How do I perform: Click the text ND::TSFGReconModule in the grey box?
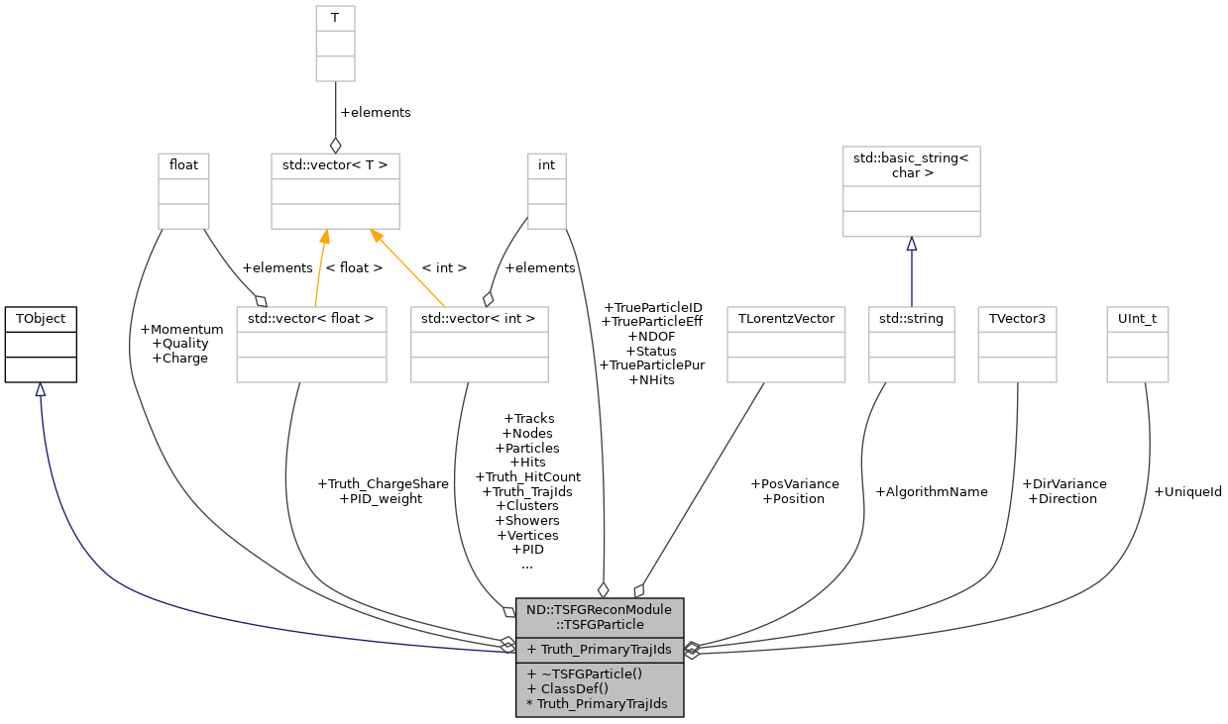click(599, 609)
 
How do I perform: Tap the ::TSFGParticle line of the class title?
click(599, 624)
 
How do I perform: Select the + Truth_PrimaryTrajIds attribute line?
click(599, 650)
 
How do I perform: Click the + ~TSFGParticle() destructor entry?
click(585, 673)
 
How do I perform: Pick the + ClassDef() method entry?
click(568, 688)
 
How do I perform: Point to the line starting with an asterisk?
click(597, 704)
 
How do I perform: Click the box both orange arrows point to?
click(335, 191)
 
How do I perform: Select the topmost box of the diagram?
click(335, 44)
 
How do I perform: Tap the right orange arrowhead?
click(376, 237)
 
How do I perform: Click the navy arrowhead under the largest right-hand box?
click(912, 245)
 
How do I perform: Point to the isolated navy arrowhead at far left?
click(41, 390)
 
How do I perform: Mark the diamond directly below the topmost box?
click(335, 146)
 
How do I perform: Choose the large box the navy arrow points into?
click(912, 191)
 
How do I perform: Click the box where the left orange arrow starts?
click(311, 345)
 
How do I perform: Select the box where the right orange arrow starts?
click(479, 345)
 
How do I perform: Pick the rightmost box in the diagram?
click(1138, 345)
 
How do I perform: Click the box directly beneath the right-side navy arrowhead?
click(912, 345)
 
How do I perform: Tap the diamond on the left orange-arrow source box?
click(262, 300)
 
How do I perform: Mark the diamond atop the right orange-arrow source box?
click(488, 299)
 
